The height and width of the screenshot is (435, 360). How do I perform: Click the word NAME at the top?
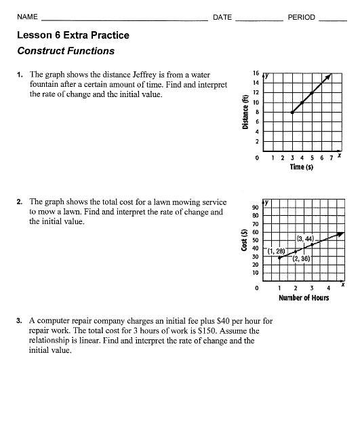[x=27, y=17]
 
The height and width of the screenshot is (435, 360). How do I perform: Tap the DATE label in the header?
[x=222, y=17]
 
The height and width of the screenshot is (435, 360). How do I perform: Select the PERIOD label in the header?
[x=302, y=17]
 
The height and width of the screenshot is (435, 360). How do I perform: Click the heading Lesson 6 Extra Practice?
[x=73, y=35]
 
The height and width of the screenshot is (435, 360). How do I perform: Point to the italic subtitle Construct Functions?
[x=66, y=51]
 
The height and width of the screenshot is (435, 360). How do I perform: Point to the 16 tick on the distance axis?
[x=256, y=73]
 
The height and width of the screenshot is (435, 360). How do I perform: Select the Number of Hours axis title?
[x=303, y=298]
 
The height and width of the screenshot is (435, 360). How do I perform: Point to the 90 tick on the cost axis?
[x=255, y=207]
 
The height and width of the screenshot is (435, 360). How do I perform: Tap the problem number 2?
[x=20, y=202]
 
